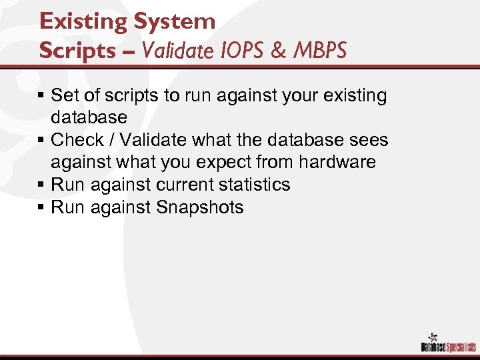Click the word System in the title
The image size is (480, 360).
[x=175, y=21]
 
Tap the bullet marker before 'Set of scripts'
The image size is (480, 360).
[x=42, y=96]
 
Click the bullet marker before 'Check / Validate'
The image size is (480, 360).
[x=42, y=140]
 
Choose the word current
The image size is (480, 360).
[x=182, y=185]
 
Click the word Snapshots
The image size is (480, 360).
[x=200, y=207]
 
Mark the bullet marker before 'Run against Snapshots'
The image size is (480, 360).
[x=42, y=207]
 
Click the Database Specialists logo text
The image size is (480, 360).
[x=448, y=347]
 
